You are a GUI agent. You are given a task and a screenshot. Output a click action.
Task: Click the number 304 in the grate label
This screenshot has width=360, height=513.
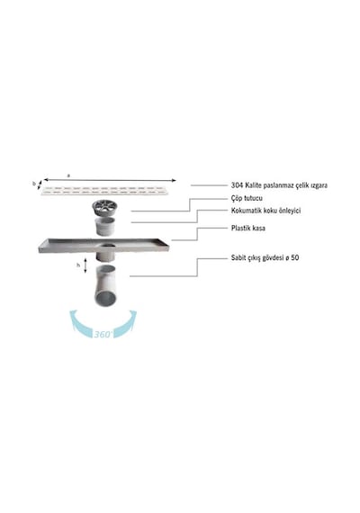coord(237,185)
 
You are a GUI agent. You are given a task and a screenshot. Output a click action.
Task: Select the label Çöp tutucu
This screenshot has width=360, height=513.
coord(247,198)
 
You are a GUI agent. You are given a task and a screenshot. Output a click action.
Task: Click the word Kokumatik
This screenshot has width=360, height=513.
coord(247,211)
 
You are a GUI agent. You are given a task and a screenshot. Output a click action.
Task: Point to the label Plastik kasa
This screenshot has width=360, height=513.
coord(248,228)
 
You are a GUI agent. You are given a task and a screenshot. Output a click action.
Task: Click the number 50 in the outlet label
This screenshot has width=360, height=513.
coord(294,257)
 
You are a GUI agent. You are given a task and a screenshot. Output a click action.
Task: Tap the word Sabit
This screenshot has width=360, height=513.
coord(238,257)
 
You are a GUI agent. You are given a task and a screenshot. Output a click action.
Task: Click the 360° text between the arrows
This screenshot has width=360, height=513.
coord(103,335)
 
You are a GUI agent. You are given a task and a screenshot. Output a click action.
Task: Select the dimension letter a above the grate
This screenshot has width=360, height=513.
coord(68,175)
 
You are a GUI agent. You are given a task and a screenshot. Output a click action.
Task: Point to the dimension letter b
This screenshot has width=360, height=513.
coord(34,184)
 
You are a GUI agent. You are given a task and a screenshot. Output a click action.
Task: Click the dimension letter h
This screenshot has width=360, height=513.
coord(78,265)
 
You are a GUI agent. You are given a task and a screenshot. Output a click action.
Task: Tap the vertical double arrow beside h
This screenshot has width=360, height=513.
coord(85,265)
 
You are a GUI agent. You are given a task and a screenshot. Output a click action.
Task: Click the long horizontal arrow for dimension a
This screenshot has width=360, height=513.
coord(110,180)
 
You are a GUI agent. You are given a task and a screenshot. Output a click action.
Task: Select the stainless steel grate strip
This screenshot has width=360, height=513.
coord(104,191)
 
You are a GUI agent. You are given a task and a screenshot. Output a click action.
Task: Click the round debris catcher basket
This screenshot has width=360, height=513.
coord(104,208)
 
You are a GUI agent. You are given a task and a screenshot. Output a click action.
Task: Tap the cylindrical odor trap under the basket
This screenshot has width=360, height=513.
coord(104,226)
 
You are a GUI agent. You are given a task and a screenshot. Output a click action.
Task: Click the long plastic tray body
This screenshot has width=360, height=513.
coord(104,246)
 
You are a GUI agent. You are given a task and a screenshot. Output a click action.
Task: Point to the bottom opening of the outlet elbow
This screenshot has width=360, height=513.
coord(106,299)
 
